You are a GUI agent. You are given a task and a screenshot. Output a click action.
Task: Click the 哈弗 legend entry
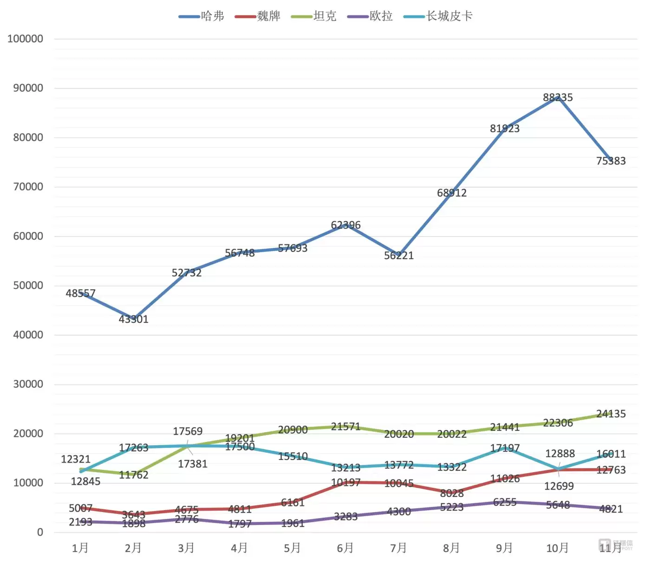(x=202, y=16)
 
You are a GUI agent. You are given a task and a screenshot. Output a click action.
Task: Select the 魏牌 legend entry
(x=258, y=16)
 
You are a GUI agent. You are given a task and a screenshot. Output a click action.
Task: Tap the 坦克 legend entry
(x=314, y=16)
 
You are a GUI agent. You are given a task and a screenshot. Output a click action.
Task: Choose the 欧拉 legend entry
(x=370, y=16)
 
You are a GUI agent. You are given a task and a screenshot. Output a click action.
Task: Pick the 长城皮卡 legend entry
(x=438, y=16)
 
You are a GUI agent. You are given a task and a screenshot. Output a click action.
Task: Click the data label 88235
(x=558, y=98)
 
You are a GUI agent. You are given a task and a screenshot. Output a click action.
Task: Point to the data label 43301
(x=133, y=319)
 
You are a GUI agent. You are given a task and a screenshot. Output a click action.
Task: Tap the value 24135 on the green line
(x=611, y=414)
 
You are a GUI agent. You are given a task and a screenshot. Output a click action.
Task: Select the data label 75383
(x=611, y=161)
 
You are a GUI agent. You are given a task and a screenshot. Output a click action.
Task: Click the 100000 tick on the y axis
(x=26, y=39)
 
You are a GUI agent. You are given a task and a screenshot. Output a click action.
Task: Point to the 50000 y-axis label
(x=28, y=286)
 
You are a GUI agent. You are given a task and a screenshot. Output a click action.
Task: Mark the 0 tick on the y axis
(x=40, y=532)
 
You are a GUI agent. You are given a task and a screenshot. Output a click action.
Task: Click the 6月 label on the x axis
(x=345, y=548)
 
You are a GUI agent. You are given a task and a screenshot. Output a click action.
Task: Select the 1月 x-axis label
(x=80, y=548)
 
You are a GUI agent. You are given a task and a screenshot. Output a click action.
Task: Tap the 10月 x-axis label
(x=557, y=548)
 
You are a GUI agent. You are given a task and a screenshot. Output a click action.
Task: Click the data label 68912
(x=452, y=193)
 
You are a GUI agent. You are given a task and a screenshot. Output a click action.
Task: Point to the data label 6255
(x=505, y=502)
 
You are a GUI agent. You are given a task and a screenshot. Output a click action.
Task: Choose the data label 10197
(x=345, y=483)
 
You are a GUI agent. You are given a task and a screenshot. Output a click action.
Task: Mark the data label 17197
(x=505, y=448)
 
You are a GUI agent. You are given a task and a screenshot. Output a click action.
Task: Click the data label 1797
(x=240, y=524)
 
